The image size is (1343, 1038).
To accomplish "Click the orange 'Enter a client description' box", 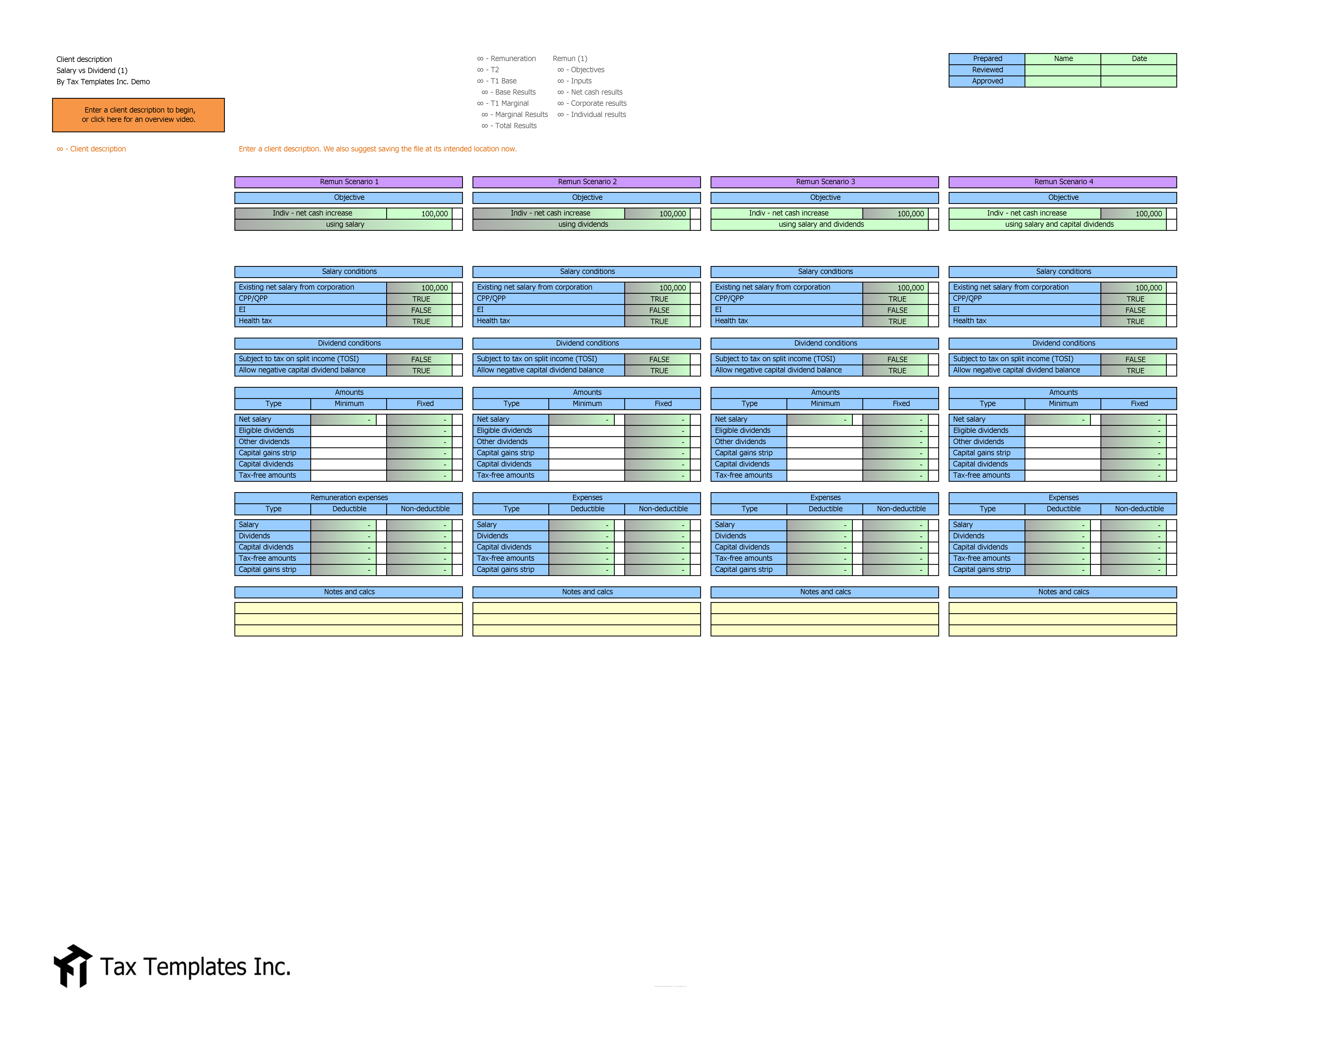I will (x=138, y=115).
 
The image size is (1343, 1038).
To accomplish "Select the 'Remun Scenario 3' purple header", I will (x=825, y=182).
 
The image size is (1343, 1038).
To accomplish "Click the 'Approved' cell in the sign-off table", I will (x=987, y=81).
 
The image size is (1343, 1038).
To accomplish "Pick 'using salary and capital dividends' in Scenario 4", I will (x=1059, y=224).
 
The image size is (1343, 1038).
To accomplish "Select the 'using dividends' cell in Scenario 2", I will (x=583, y=224).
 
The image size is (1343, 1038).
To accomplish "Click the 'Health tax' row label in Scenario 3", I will (x=731, y=321).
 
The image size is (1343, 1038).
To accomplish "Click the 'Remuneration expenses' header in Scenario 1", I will (x=349, y=497).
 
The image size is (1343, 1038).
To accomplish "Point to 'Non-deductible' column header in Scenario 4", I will (x=1139, y=509).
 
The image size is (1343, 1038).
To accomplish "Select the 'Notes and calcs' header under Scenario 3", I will (x=825, y=592).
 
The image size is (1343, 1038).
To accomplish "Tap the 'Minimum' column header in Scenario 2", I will (x=587, y=404).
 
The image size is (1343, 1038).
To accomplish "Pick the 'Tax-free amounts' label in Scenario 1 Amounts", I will (x=268, y=475).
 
